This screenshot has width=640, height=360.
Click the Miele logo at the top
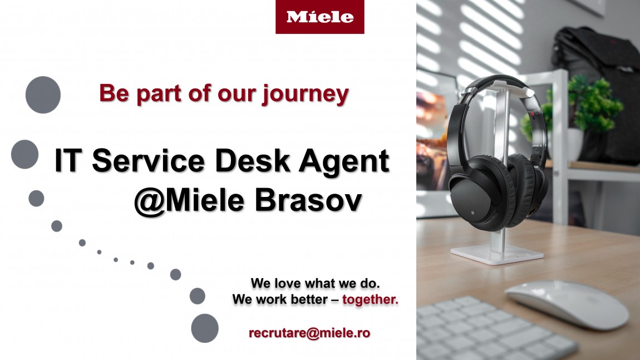click(x=319, y=17)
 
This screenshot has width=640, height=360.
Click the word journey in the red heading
click(x=306, y=95)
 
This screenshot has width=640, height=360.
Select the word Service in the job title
click(x=148, y=160)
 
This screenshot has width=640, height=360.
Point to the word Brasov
click(x=308, y=200)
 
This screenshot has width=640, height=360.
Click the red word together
click(x=370, y=300)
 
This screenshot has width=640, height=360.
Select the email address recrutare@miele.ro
click(x=309, y=333)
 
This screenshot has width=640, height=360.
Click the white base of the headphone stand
click(x=497, y=254)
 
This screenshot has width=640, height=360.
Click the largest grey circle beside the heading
click(x=43, y=95)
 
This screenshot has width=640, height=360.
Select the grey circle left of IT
click(x=25, y=154)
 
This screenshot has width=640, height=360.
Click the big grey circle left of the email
click(x=205, y=328)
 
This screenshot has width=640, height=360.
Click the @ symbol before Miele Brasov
click(x=149, y=201)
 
